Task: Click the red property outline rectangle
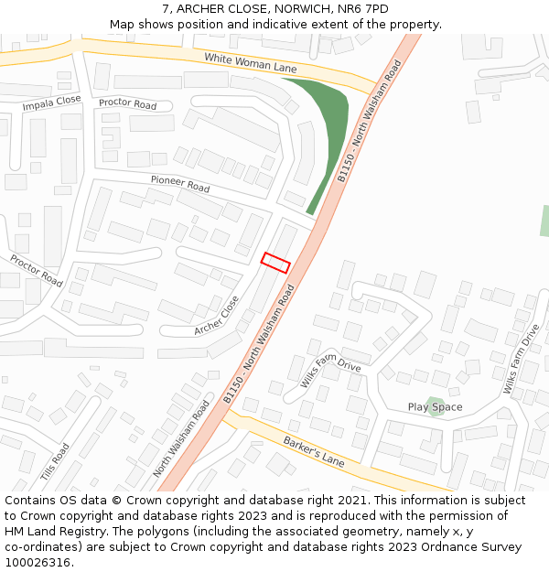pyautogui.click(x=275, y=262)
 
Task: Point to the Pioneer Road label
pyautogui.click(x=180, y=184)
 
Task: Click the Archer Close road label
pyautogui.click(x=217, y=315)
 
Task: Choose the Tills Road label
pyautogui.click(x=55, y=462)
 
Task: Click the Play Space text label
pyautogui.click(x=435, y=407)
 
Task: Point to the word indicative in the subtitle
pyautogui.click(x=272, y=25)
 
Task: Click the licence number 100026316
pyautogui.click(x=39, y=563)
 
